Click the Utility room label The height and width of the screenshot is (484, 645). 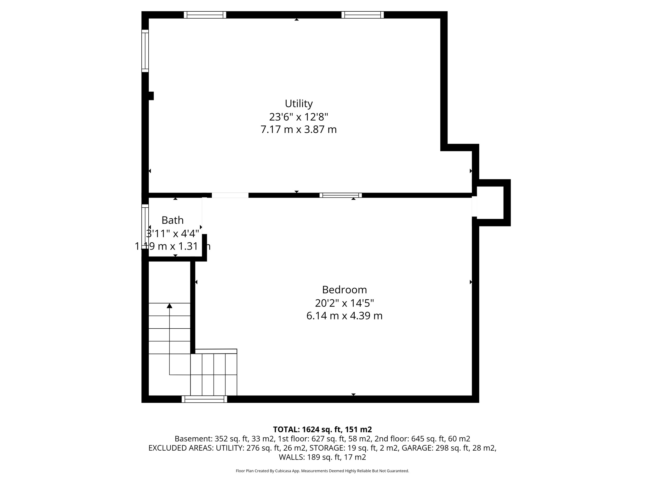[x=299, y=103]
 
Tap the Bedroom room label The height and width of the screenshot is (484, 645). [x=344, y=290]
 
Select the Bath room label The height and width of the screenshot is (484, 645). [x=172, y=220]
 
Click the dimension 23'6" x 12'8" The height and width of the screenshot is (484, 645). [x=299, y=117]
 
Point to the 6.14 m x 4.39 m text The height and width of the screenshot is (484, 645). [x=344, y=316]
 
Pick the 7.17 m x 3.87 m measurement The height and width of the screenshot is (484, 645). [x=299, y=130]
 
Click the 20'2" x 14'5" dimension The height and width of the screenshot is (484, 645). [x=344, y=303]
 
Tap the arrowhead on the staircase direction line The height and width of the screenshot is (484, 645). [x=169, y=305]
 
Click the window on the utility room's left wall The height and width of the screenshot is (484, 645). [x=145, y=51]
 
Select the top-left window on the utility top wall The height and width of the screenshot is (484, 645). [x=205, y=15]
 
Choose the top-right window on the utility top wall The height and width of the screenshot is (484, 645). [x=362, y=15]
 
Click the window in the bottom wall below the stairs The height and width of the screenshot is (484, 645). [x=204, y=399]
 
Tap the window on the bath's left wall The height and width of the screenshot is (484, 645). [x=145, y=227]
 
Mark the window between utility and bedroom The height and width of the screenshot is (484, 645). [x=340, y=195]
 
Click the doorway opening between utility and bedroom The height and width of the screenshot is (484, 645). [x=230, y=195]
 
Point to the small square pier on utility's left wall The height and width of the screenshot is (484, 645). [x=151, y=96]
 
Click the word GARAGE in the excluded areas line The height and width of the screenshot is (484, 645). [x=417, y=448]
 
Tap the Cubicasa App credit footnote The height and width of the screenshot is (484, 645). [x=322, y=471]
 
